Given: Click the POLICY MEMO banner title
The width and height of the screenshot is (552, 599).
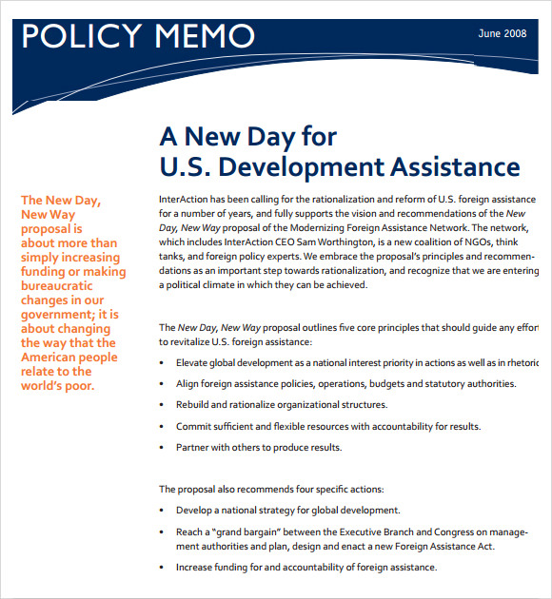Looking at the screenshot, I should (x=138, y=36).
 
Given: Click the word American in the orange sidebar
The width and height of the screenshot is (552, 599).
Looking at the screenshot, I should (x=54, y=357).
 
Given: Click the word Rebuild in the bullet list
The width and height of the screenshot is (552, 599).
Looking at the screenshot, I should (x=195, y=405).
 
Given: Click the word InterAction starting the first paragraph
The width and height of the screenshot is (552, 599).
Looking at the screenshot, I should (x=187, y=200).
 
